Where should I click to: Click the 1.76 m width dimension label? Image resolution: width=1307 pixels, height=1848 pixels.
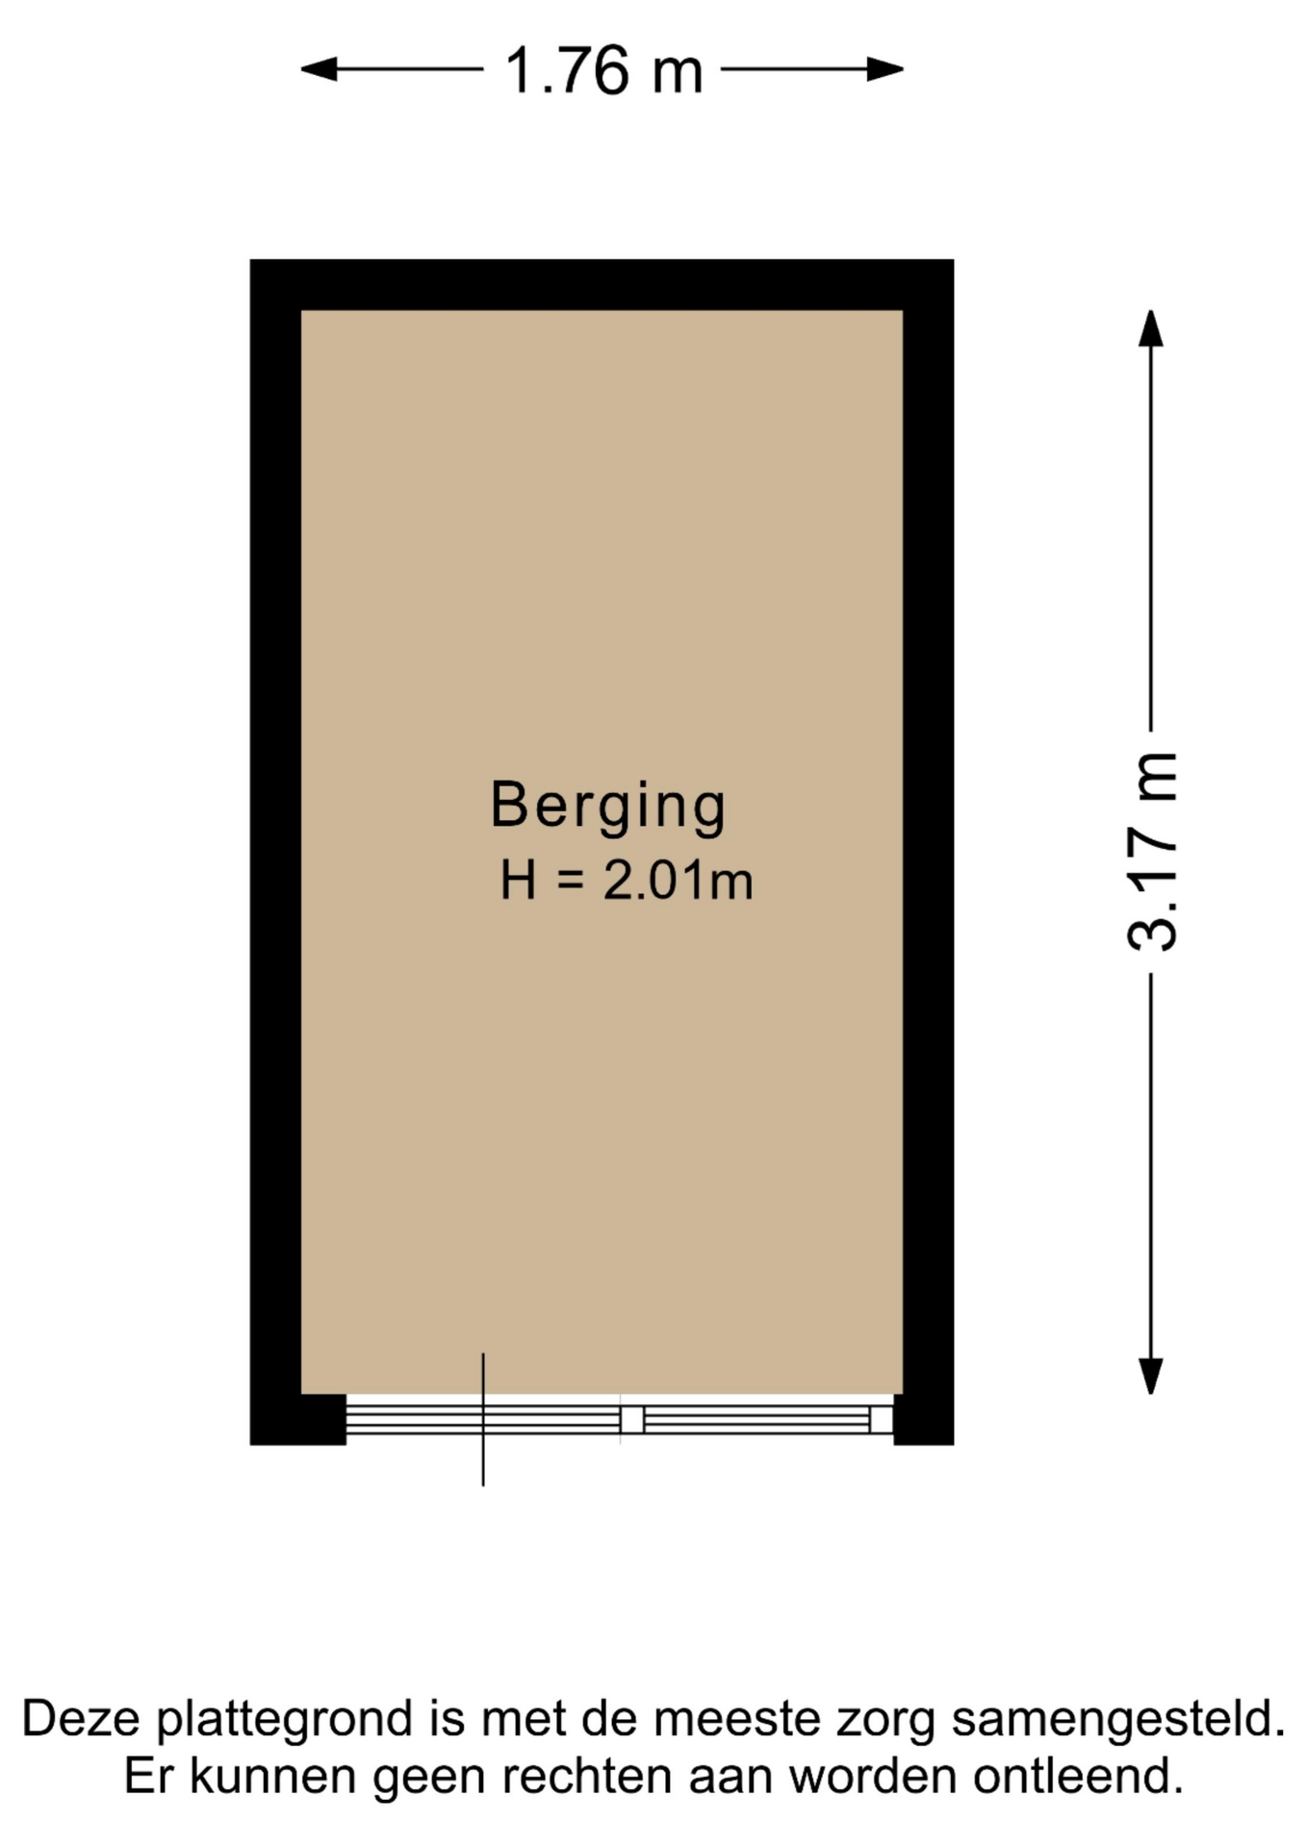point(603,70)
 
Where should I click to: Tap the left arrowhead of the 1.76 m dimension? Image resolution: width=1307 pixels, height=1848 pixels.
point(319,69)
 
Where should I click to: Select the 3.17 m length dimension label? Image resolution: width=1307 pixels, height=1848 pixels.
point(1151,852)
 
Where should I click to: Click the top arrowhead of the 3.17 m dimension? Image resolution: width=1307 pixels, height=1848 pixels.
point(1151,328)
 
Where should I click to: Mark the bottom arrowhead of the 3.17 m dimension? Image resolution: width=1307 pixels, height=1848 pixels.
point(1151,1375)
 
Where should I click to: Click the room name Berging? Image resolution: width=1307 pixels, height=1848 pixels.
point(608,807)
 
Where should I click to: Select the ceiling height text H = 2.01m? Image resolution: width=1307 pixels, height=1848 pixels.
point(626,881)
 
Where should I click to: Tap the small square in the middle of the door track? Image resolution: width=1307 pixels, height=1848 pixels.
point(631,1420)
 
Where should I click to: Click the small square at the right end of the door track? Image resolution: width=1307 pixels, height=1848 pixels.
point(882,1420)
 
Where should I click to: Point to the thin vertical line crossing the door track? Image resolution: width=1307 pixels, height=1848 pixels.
point(483,1420)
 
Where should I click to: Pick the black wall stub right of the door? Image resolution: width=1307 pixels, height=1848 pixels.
point(924,1420)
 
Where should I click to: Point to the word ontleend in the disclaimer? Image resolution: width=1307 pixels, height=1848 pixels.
point(1078,1777)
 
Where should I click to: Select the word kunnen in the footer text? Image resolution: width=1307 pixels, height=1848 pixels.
point(274,1777)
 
